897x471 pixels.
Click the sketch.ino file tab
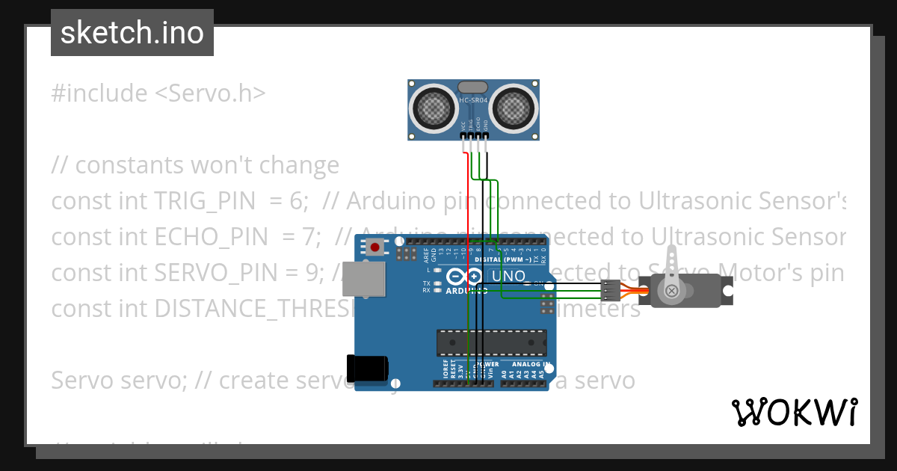coord(132,33)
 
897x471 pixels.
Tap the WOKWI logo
coord(794,412)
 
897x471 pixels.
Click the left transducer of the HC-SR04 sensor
coord(434,108)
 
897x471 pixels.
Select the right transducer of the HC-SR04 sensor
coord(515,108)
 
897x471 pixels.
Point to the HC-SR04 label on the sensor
coord(473,99)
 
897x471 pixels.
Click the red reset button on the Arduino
coord(374,246)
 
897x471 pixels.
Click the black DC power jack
coord(367,367)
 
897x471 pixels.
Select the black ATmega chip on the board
coord(491,341)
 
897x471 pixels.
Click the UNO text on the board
coord(508,277)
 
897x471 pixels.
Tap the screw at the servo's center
coord(672,290)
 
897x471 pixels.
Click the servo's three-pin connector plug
coord(611,290)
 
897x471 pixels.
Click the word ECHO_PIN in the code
coord(211,237)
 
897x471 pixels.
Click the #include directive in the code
coord(99,93)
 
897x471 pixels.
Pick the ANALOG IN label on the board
coord(531,365)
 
